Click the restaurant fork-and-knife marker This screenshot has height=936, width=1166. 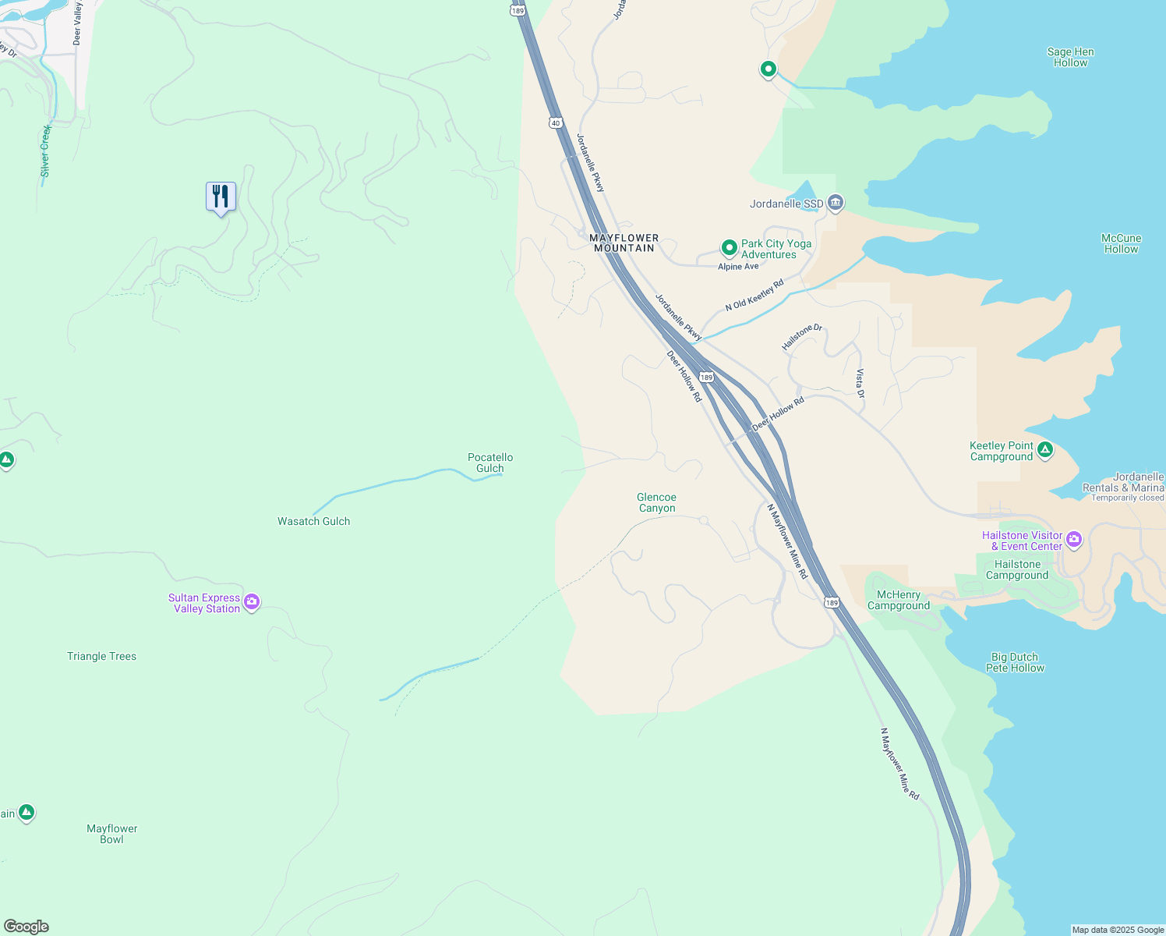(221, 197)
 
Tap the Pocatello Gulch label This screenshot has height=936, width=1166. (490, 463)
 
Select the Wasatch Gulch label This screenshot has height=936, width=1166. (313, 521)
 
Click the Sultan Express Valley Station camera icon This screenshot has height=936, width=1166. (251, 601)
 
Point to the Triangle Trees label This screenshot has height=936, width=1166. (101, 656)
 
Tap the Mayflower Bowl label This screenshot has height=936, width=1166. (111, 834)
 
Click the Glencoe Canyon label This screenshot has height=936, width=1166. (656, 502)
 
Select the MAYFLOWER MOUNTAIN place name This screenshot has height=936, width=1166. (624, 243)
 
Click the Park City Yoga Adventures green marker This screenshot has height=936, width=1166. (729, 248)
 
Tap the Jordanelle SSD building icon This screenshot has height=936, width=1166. (836, 204)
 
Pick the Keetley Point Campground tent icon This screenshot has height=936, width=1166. (1045, 449)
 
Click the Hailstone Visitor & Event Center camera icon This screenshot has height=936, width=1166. (1074, 539)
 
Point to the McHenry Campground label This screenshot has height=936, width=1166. (898, 600)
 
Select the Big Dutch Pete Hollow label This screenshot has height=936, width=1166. (1015, 662)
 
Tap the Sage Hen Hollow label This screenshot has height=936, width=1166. (1070, 57)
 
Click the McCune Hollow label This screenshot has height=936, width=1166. (1121, 243)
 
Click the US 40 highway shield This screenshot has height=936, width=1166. (555, 123)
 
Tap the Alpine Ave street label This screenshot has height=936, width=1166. (738, 267)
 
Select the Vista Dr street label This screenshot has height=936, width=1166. (860, 384)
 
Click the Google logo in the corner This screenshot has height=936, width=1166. (26, 927)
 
